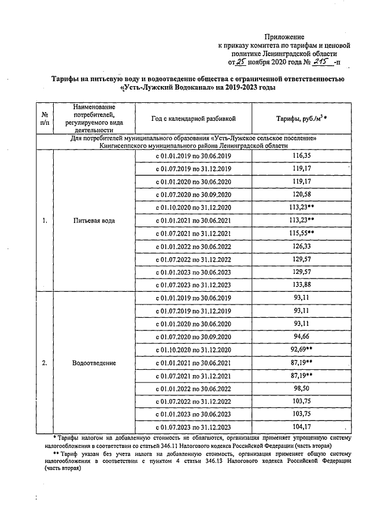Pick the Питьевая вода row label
[94, 221]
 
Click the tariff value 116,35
[302, 156]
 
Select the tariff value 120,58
[302, 195]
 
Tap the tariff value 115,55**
[304, 233]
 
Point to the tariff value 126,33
[302, 247]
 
